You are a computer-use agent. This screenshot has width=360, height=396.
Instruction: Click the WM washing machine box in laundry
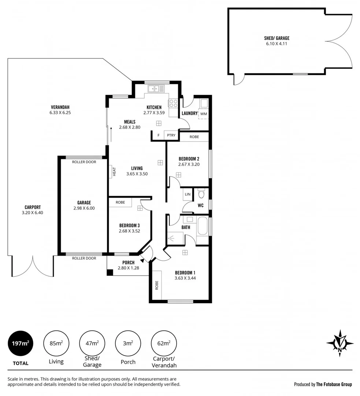(203, 114)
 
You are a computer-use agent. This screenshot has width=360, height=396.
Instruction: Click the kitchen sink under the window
(156, 88)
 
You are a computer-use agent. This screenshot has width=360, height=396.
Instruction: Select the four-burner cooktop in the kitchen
(173, 103)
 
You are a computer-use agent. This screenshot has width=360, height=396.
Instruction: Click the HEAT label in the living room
(114, 172)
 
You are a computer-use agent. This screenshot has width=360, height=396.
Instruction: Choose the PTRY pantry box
(171, 135)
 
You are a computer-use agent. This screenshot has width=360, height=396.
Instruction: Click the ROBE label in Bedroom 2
(194, 137)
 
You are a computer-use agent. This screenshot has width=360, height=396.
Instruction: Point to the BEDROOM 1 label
(185, 272)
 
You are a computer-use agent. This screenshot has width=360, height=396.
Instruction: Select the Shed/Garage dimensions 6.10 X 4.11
(277, 44)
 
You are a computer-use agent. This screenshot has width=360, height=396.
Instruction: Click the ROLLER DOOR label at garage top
(84, 162)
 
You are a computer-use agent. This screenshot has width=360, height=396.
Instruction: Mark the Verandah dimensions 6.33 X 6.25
(60, 113)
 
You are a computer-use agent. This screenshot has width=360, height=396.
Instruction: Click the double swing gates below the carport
(33, 266)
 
